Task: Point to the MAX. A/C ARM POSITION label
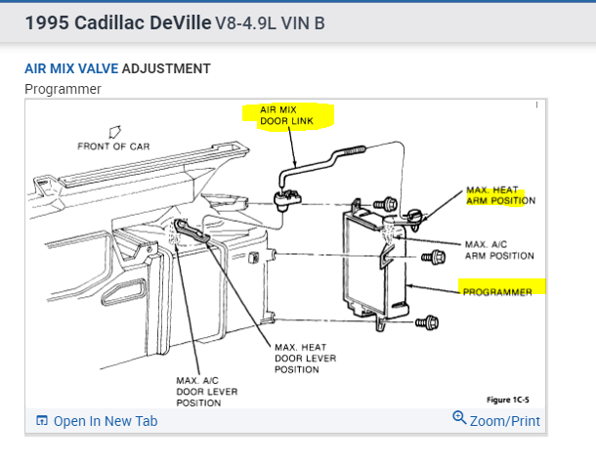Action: click(498, 249)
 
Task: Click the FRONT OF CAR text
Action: click(113, 147)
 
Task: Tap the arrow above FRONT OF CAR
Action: click(114, 129)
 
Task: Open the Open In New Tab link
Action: click(106, 421)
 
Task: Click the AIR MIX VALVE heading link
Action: click(70, 68)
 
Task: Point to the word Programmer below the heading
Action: click(62, 89)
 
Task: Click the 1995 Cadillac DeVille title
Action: click(117, 23)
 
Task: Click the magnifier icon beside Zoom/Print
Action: click(460, 419)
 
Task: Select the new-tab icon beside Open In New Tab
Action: click(41, 421)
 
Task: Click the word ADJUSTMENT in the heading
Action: click(166, 68)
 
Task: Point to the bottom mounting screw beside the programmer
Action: click(429, 322)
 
